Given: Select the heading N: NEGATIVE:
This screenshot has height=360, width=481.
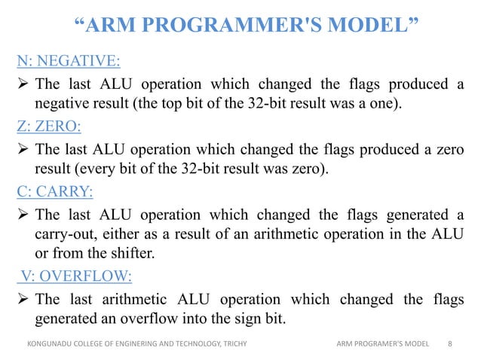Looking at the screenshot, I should [x=67, y=60].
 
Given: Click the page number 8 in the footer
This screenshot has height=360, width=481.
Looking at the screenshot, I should [x=450, y=344].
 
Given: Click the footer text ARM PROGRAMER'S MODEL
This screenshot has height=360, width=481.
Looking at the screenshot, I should [x=382, y=344].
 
